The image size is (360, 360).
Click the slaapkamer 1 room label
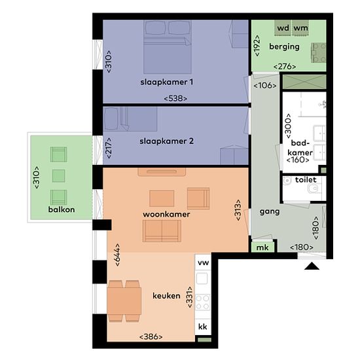point(167,82)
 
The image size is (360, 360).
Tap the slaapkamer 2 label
point(167,141)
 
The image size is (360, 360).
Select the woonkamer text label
point(166,215)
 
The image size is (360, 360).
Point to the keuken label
point(166,296)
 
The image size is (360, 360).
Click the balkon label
point(62,209)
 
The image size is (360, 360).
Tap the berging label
point(285,46)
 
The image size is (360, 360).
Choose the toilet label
point(306,180)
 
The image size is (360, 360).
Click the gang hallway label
point(270,211)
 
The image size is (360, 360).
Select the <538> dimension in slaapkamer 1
point(175,99)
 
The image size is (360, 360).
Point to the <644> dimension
point(117,255)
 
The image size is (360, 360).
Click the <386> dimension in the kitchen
point(151,337)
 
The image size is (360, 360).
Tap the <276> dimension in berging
point(285,67)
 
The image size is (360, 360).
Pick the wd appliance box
point(283,28)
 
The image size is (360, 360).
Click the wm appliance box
point(300,28)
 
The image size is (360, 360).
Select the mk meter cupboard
point(262,247)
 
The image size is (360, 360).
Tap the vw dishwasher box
point(203,262)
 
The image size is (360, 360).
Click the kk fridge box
point(203,327)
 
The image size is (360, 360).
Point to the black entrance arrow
point(312,266)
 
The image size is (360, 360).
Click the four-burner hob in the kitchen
point(202,302)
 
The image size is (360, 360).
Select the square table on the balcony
point(58,176)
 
